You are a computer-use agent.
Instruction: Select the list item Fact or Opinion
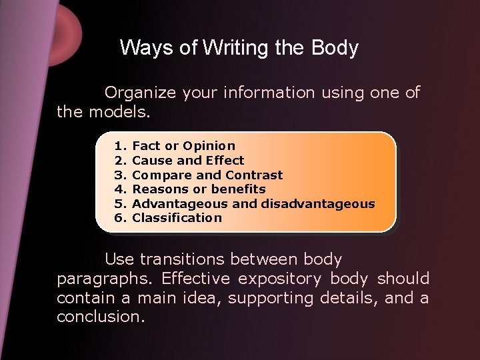(184, 145)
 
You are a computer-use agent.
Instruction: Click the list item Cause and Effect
(189, 160)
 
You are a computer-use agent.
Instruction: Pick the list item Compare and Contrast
(208, 175)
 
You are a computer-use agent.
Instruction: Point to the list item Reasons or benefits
(199, 189)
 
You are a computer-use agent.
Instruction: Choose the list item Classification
(177, 217)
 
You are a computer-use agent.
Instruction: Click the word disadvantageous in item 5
(318, 203)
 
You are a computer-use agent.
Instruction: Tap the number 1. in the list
(120, 145)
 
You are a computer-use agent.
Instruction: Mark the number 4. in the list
(120, 189)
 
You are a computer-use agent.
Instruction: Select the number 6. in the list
(120, 217)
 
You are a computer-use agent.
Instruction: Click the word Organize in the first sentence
(139, 93)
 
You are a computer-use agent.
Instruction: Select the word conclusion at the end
(101, 317)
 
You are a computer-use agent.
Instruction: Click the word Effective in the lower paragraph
(195, 279)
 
